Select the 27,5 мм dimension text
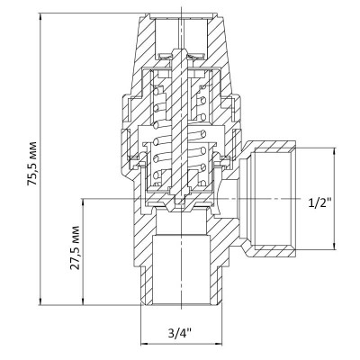(77, 255)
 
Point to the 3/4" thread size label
(178, 338)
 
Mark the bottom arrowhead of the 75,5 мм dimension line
(43, 304)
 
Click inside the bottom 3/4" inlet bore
(179, 270)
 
